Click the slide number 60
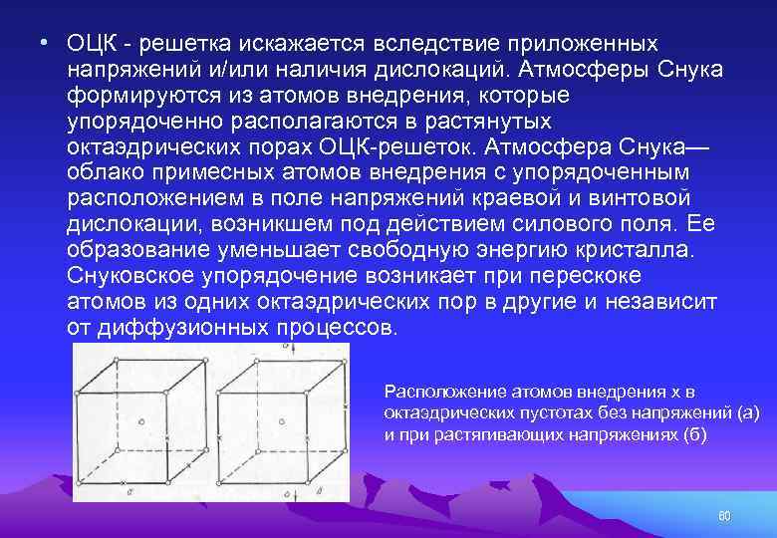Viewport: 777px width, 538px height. [724, 515]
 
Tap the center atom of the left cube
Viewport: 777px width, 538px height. [140, 422]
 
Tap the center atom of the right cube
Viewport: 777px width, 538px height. [282, 423]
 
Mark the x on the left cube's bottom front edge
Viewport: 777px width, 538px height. [123, 482]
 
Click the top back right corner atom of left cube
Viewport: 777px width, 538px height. [205, 360]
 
